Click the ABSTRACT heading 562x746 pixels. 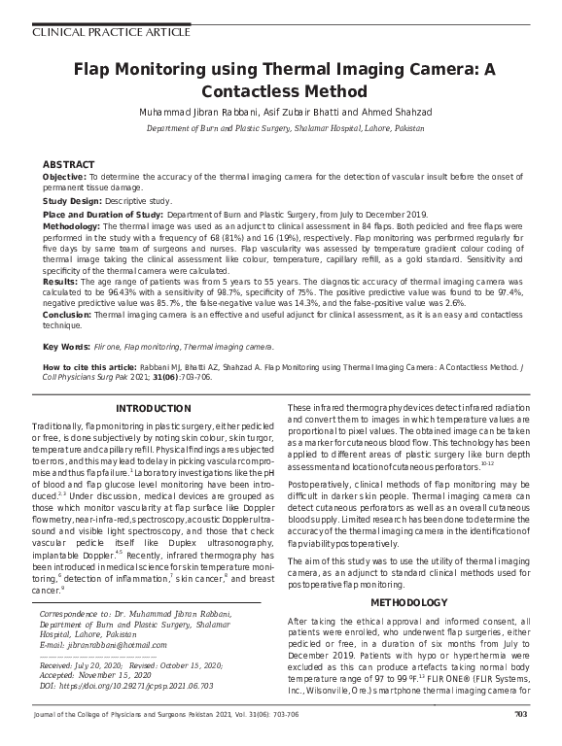click(69, 165)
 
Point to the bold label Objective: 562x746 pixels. click(64, 177)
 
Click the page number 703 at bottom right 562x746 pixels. click(519, 716)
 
